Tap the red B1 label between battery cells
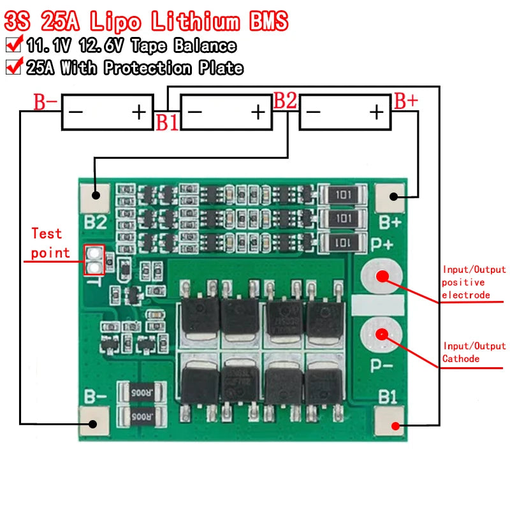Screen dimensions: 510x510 click(168, 123)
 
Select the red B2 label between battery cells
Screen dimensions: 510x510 click(285, 101)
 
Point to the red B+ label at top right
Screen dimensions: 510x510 click(406, 101)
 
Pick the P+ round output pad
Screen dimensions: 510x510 click(381, 277)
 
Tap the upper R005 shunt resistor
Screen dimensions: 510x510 click(142, 390)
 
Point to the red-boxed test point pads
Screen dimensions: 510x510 click(94, 260)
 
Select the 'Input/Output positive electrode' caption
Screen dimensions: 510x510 click(473, 282)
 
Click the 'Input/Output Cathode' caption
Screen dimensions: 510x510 click(474, 352)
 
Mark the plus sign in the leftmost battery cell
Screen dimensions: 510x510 click(139, 112)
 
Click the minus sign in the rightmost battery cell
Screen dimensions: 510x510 click(312, 112)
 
